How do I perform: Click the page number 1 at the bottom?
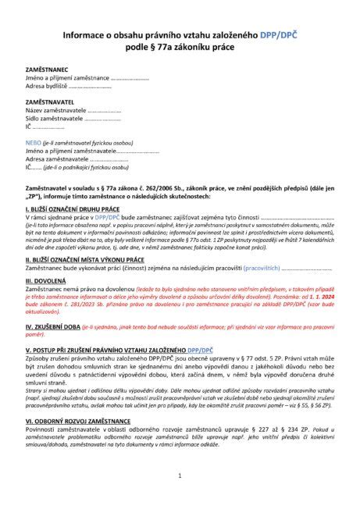180,475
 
